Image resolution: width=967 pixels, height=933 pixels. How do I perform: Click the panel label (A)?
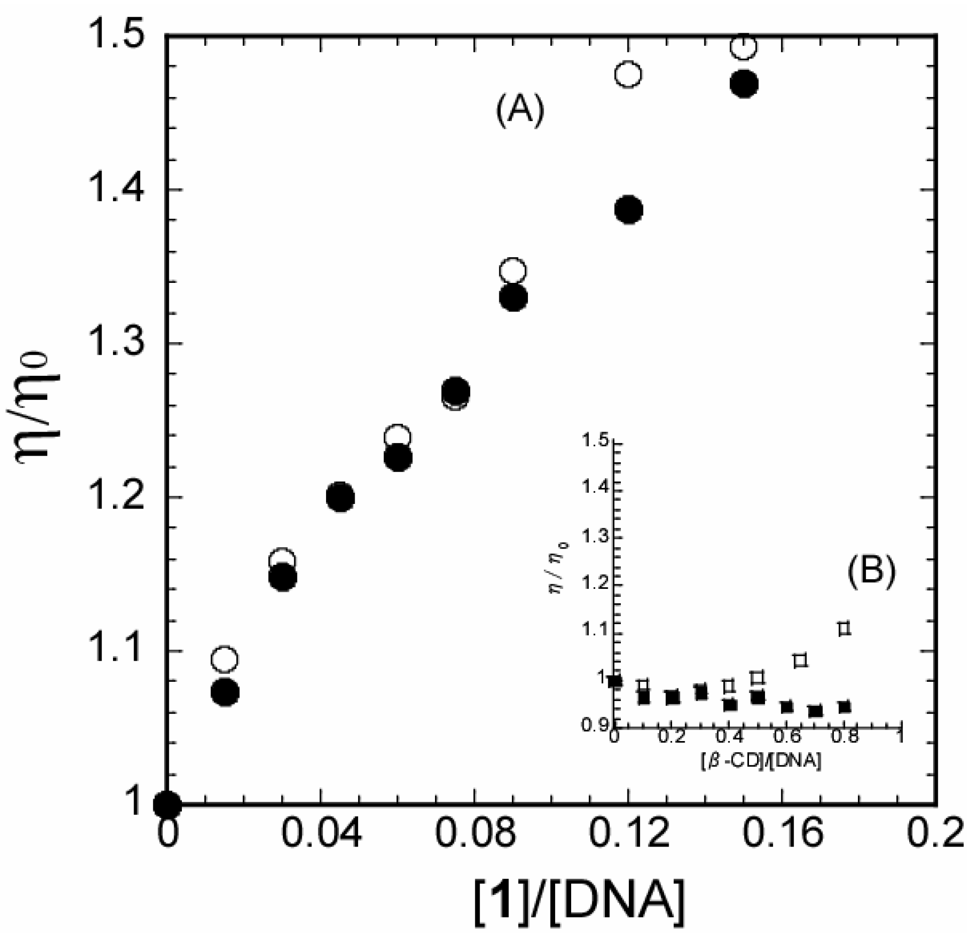click(x=520, y=111)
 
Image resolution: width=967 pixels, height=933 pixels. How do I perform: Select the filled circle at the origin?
click(x=167, y=804)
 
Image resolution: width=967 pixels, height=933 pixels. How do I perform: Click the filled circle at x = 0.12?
click(x=628, y=210)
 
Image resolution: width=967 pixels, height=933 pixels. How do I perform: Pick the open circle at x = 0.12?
click(x=628, y=74)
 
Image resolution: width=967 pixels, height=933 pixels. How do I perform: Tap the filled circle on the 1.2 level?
click(x=341, y=497)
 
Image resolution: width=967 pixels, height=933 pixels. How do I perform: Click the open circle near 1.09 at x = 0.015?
click(x=225, y=659)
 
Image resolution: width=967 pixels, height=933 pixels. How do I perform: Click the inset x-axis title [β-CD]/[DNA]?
click(x=761, y=762)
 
